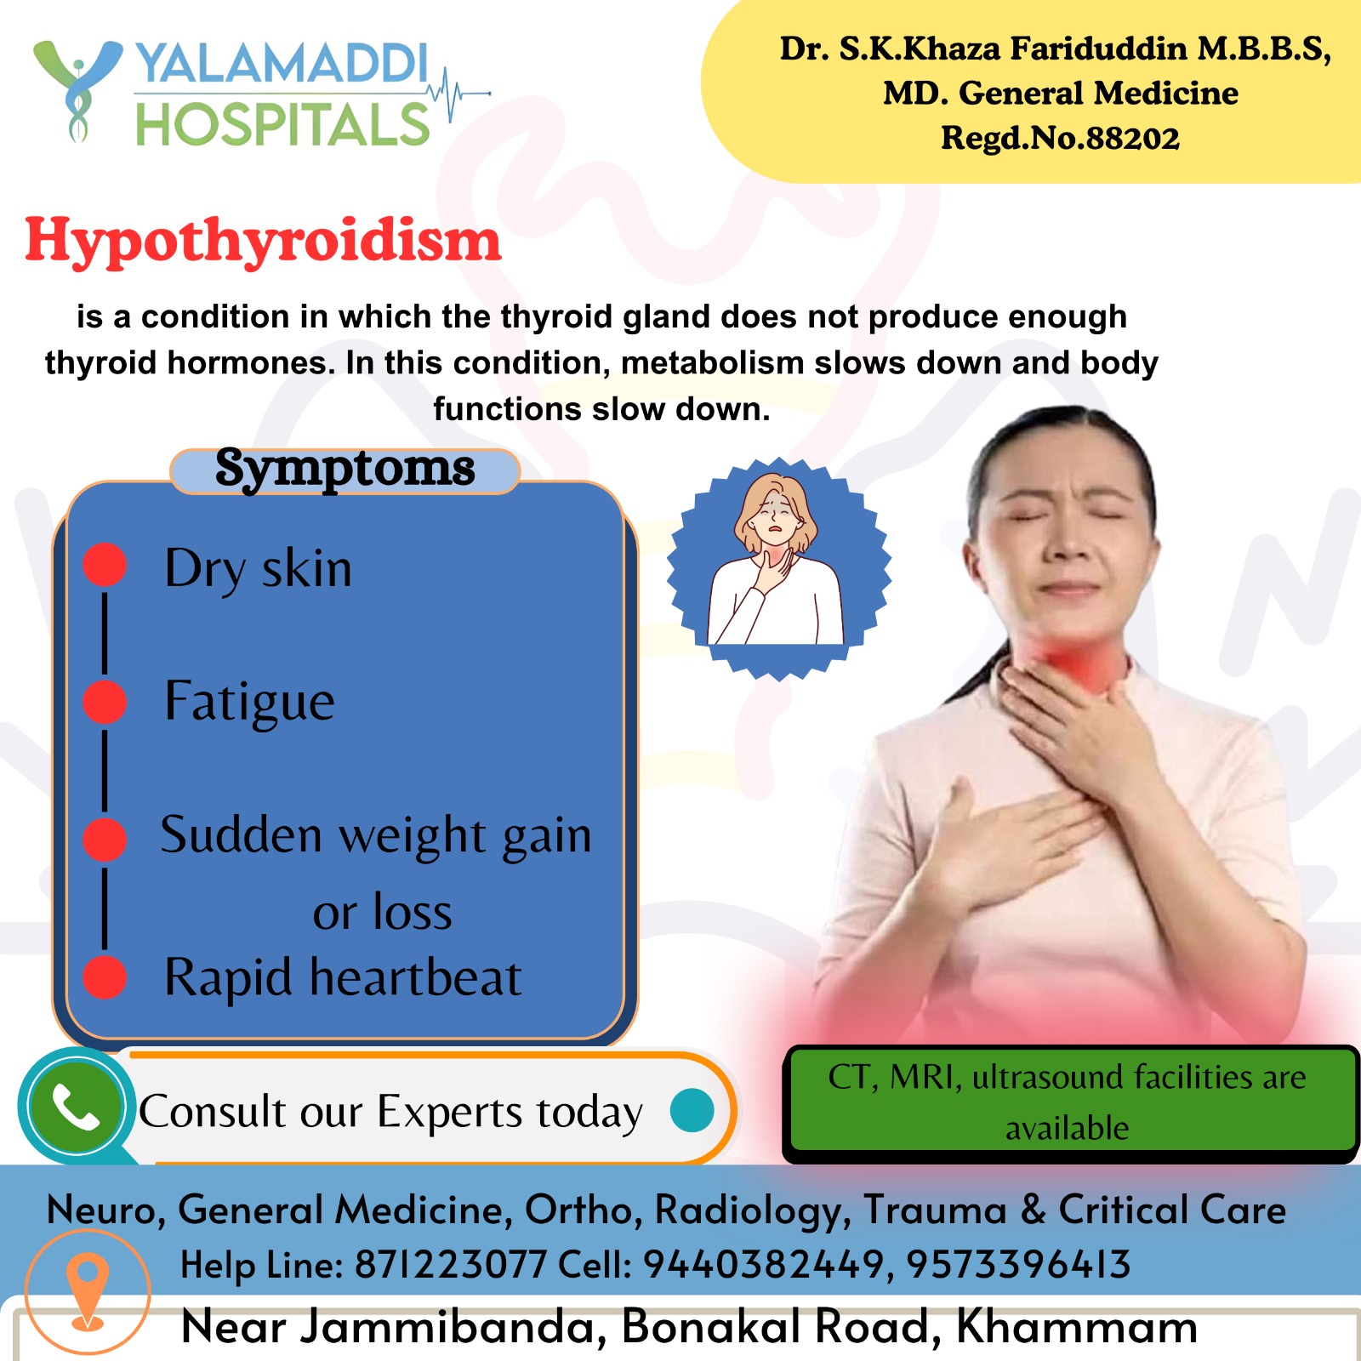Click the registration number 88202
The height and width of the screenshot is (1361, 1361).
click(1132, 139)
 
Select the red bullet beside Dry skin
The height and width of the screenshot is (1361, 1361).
click(105, 565)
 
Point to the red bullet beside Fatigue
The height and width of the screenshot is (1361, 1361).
click(105, 703)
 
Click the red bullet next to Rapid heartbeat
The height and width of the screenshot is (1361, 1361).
click(105, 977)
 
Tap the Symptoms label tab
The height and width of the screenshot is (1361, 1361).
click(345, 470)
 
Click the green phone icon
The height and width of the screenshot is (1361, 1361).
click(76, 1106)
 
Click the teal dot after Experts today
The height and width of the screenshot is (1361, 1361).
click(692, 1110)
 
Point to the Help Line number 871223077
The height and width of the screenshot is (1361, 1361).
click(451, 1265)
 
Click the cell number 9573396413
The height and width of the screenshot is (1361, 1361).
click(1018, 1265)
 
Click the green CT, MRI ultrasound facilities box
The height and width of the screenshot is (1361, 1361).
click(1069, 1102)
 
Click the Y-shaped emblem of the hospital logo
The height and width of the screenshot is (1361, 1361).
click(77, 89)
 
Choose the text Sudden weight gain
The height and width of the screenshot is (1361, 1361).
click(375, 835)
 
